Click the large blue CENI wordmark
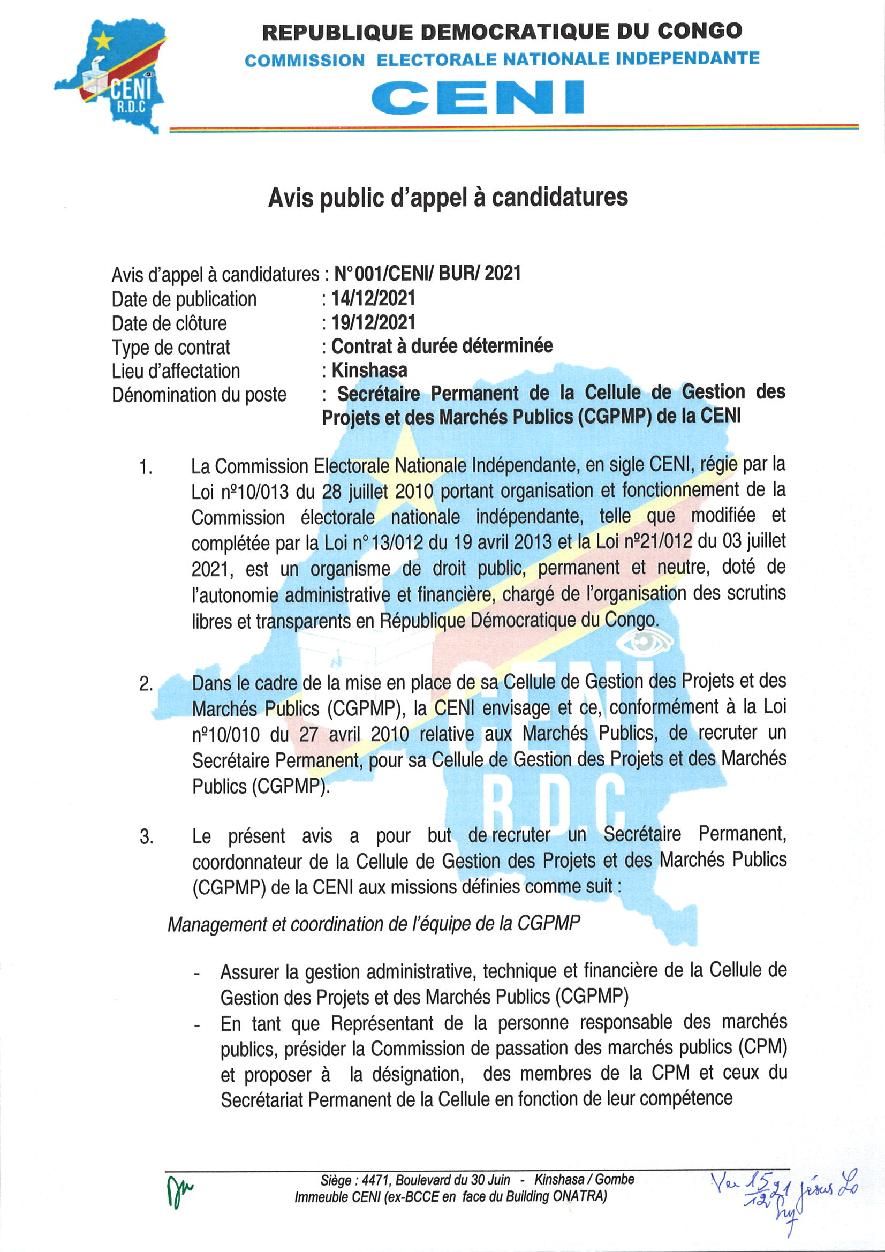[x=478, y=97]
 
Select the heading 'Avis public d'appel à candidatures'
[x=448, y=198]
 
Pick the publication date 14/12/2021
[x=374, y=298]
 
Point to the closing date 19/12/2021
[x=374, y=322]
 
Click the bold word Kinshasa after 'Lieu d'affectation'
[x=369, y=370]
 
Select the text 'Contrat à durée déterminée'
[x=442, y=346]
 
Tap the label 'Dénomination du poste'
[x=199, y=394]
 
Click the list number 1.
[x=146, y=467]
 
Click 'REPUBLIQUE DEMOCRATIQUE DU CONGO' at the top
[x=502, y=32]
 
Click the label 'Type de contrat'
[x=171, y=347]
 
